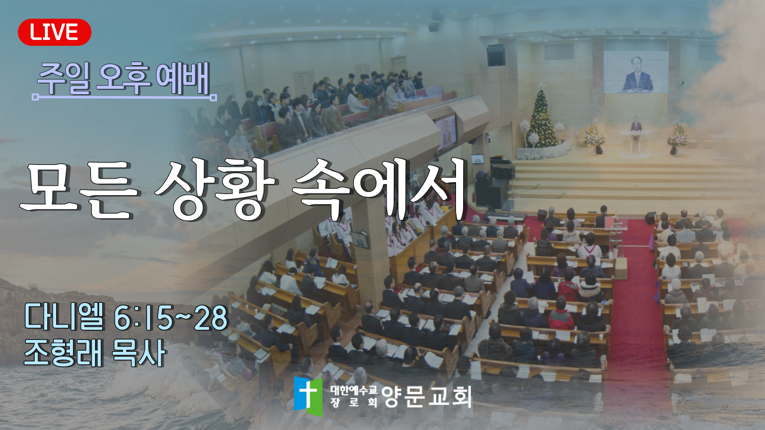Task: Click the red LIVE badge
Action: point(54,32)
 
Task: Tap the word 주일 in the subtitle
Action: point(64,79)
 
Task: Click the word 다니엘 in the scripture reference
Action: point(64,318)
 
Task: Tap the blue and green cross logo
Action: point(308,396)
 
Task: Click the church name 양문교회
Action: point(427,397)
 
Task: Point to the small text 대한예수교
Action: point(353,390)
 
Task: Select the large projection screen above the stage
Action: point(636,72)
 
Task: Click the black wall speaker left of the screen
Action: point(496,55)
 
